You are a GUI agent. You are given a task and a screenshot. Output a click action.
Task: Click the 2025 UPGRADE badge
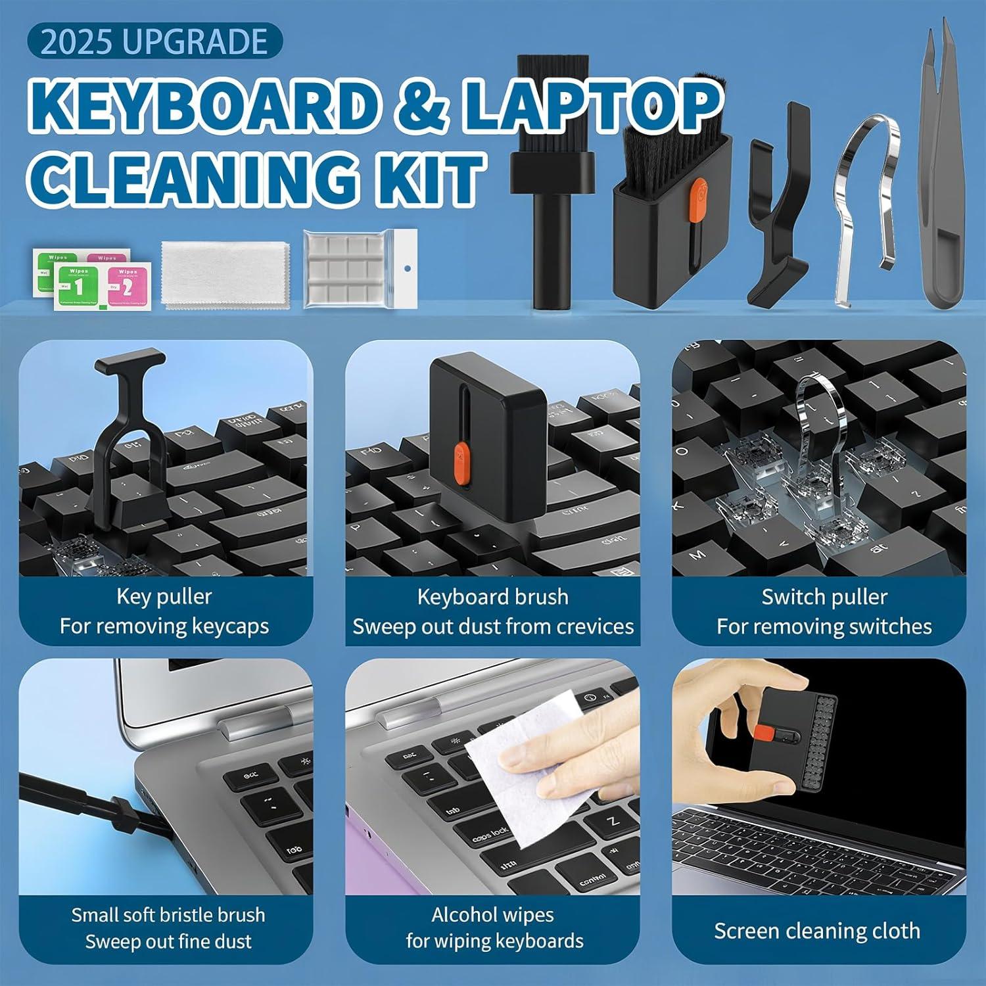point(154,41)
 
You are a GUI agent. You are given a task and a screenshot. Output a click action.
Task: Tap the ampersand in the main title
point(423,105)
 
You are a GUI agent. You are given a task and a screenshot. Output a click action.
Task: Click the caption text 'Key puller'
point(164,597)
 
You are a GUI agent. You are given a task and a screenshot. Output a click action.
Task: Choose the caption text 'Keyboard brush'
point(492,597)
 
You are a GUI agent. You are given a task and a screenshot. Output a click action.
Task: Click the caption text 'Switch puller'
point(824,597)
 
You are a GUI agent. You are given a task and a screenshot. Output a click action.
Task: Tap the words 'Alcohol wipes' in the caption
point(492,914)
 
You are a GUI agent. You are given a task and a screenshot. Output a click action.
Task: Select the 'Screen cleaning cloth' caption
point(817,931)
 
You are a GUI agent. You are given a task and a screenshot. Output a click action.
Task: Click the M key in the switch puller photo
point(697,555)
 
